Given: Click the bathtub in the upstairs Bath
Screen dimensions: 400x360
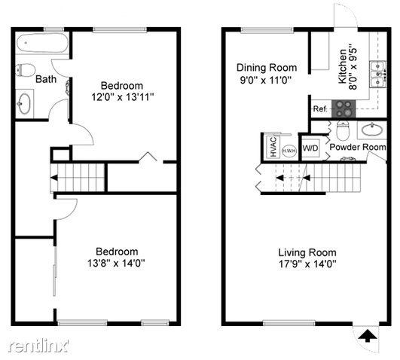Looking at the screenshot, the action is coord(42,43).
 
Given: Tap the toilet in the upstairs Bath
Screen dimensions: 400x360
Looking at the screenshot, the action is coord(25,70).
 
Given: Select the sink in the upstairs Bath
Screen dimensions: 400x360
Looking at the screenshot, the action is coord(24,104).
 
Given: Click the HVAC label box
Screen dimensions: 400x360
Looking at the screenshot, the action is coord(273,147).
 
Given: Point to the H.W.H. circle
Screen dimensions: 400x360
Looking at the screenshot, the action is coord(289,151).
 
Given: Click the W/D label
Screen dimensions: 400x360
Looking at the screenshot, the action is coord(310,148).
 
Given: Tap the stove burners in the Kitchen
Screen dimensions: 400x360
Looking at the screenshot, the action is coord(343,108).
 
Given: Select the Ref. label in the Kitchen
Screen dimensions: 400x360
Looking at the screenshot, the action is coord(320,109).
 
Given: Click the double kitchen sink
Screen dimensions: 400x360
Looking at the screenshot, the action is coord(378,75).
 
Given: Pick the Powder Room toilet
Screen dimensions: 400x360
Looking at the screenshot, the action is coord(343,130).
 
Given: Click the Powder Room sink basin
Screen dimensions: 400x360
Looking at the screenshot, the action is coord(372,130).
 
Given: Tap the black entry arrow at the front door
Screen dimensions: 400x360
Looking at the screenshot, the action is coord(368,335).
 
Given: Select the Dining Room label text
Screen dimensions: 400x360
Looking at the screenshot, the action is coord(267,68).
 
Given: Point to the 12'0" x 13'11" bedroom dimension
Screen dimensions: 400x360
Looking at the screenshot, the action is coord(123,97).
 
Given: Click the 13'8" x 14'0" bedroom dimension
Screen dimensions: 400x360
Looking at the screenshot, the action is coord(116,263).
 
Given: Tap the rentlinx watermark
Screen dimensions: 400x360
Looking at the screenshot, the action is coord(38,346).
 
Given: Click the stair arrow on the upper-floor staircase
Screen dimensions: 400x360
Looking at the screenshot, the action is coord(53,178).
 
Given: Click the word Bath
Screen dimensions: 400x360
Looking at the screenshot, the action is coord(46,79).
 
